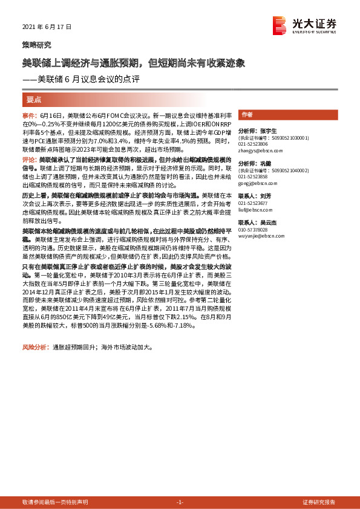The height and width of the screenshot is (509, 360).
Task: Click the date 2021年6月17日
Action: (47, 27)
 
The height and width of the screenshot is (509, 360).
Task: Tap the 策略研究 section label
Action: (36, 45)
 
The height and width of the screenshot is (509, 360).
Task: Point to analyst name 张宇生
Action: (269, 131)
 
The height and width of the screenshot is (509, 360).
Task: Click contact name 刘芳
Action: (267, 196)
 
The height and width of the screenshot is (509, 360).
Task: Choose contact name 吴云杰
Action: (269, 222)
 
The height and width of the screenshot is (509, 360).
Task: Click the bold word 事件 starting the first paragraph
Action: (29, 115)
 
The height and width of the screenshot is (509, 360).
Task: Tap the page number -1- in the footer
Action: (179, 502)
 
